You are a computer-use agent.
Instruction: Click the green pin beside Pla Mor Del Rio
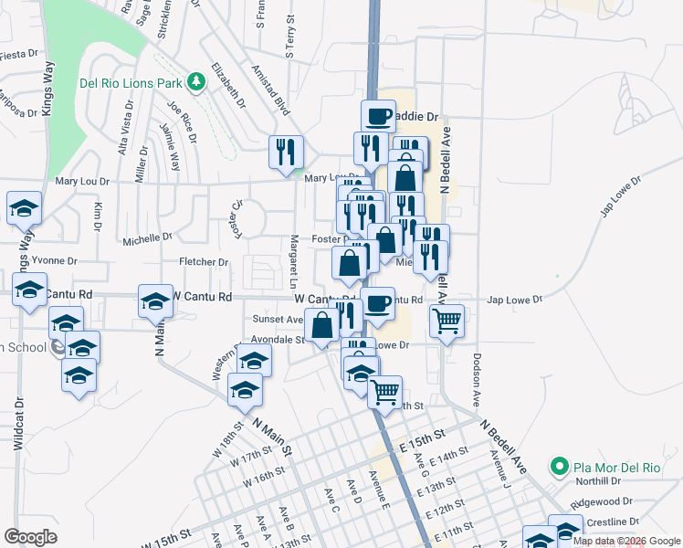pos(559,468)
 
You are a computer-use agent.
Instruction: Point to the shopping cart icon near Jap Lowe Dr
pos(447,321)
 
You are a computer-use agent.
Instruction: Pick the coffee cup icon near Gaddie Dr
pos(378,116)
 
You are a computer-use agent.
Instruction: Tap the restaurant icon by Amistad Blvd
pos(286,151)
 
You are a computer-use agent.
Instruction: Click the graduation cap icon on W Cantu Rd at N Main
pos(155,300)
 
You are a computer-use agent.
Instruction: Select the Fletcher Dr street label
pos(203,262)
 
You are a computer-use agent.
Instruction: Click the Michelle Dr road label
pos(147,239)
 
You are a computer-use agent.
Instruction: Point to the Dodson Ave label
pos(476,381)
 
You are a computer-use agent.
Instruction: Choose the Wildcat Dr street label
pos(17,424)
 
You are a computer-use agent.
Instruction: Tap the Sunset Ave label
pos(277,320)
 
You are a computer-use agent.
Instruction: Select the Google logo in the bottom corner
pos(30,537)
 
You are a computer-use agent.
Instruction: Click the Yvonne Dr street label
pos(54,260)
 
